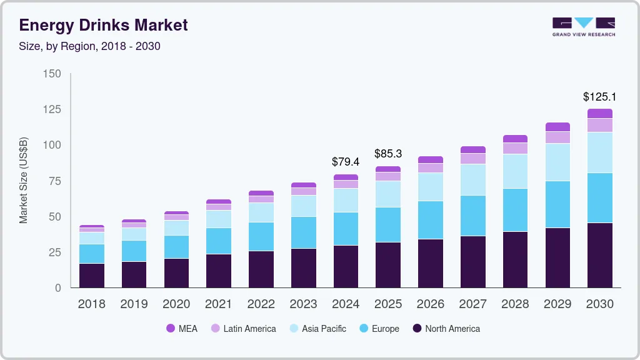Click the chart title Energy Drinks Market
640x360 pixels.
point(103,25)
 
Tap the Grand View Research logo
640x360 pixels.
point(583,26)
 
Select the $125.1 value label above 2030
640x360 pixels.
point(599,97)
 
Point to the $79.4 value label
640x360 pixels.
point(346,162)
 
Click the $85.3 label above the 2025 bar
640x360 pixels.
point(388,154)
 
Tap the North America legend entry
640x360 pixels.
point(446,329)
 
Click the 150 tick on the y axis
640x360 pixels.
point(52,74)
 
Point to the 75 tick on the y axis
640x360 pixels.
point(55,181)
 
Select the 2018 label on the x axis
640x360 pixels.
point(91,304)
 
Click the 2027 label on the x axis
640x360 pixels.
point(472,304)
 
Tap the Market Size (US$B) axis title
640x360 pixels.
point(24,181)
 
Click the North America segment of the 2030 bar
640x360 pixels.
point(599,255)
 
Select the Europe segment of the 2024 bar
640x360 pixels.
point(346,229)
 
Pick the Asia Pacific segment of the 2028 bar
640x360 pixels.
point(515,171)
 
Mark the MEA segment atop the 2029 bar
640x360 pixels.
point(557,127)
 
